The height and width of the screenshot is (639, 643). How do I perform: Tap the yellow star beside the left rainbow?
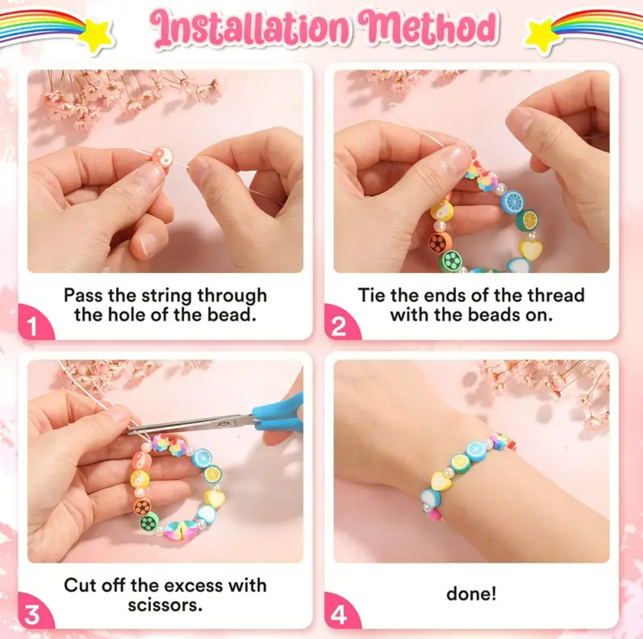96,35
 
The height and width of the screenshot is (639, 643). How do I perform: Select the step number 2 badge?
340,324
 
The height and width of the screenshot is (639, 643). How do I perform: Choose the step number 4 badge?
340,613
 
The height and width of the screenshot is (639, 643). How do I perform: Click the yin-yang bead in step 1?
163,158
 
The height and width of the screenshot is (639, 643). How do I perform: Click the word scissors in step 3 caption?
165,605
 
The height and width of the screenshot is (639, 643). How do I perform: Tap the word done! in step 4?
471,594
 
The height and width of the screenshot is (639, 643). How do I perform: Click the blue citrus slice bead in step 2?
513,201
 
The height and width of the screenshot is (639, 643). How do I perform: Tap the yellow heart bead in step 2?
531,249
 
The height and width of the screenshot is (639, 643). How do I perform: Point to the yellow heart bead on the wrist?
441,480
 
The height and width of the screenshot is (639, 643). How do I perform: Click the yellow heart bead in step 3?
215,498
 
